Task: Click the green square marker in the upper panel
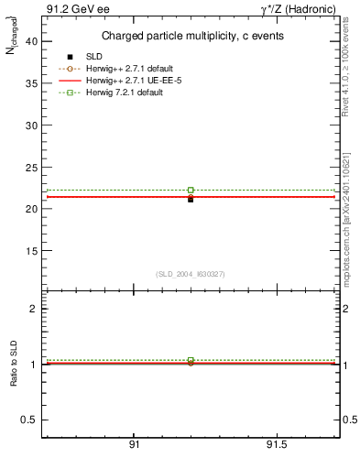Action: pos(191,190)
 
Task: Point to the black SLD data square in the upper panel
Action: pos(191,199)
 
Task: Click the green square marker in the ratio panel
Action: pos(191,360)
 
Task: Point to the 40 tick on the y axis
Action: pos(32,41)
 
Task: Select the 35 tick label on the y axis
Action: pos(32,83)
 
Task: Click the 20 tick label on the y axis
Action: pos(32,209)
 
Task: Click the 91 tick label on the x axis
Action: pos(134,444)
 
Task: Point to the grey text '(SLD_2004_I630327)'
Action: pos(191,274)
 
